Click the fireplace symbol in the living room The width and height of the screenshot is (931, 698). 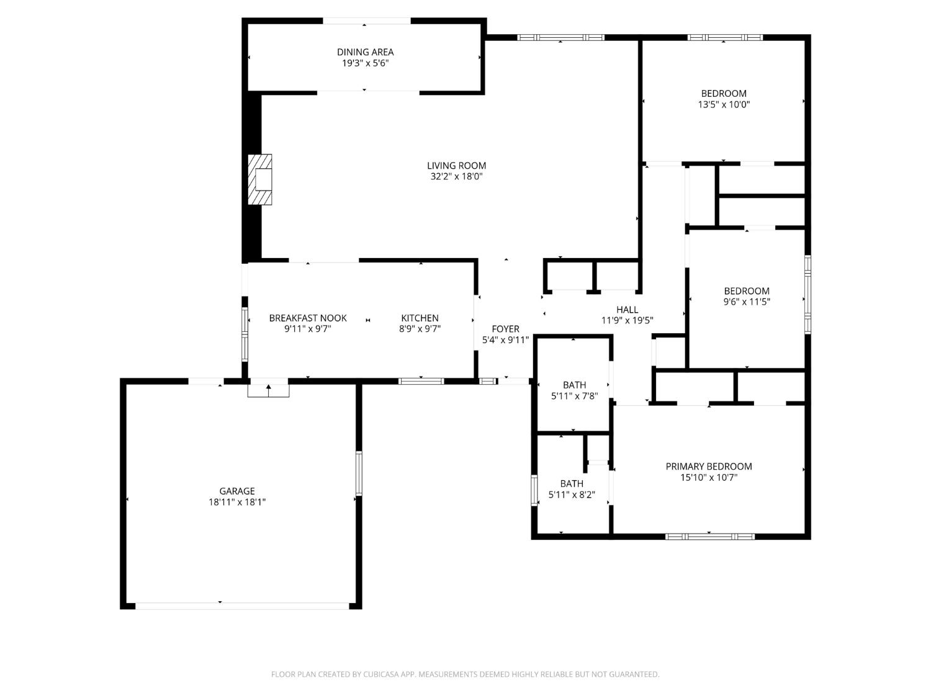click(261, 179)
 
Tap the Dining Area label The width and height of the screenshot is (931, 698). click(365, 52)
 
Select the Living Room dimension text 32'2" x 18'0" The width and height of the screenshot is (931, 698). click(456, 177)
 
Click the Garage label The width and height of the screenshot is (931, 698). click(237, 491)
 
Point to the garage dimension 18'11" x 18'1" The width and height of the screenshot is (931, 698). click(237, 503)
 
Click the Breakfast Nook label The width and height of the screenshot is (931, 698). click(308, 318)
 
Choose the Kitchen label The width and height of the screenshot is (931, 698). click(420, 318)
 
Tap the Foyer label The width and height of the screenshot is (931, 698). click(505, 329)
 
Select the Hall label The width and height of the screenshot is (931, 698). click(627, 310)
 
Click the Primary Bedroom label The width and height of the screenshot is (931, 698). click(709, 467)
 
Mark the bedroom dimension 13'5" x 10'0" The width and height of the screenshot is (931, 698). click(724, 105)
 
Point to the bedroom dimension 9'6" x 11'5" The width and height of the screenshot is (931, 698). click(747, 302)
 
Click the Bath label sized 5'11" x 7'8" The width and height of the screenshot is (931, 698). click(574, 385)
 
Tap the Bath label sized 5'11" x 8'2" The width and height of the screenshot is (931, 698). click(572, 484)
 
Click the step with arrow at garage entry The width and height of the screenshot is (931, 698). click(268, 390)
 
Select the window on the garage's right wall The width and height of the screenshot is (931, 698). click(359, 473)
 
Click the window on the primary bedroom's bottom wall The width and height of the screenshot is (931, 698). click(710, 536)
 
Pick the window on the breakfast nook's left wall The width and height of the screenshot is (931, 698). click(245, 334)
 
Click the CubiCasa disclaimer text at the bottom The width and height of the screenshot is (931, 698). click(465, 674)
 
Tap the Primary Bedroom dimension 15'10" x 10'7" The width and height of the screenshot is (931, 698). click(709, 478)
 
